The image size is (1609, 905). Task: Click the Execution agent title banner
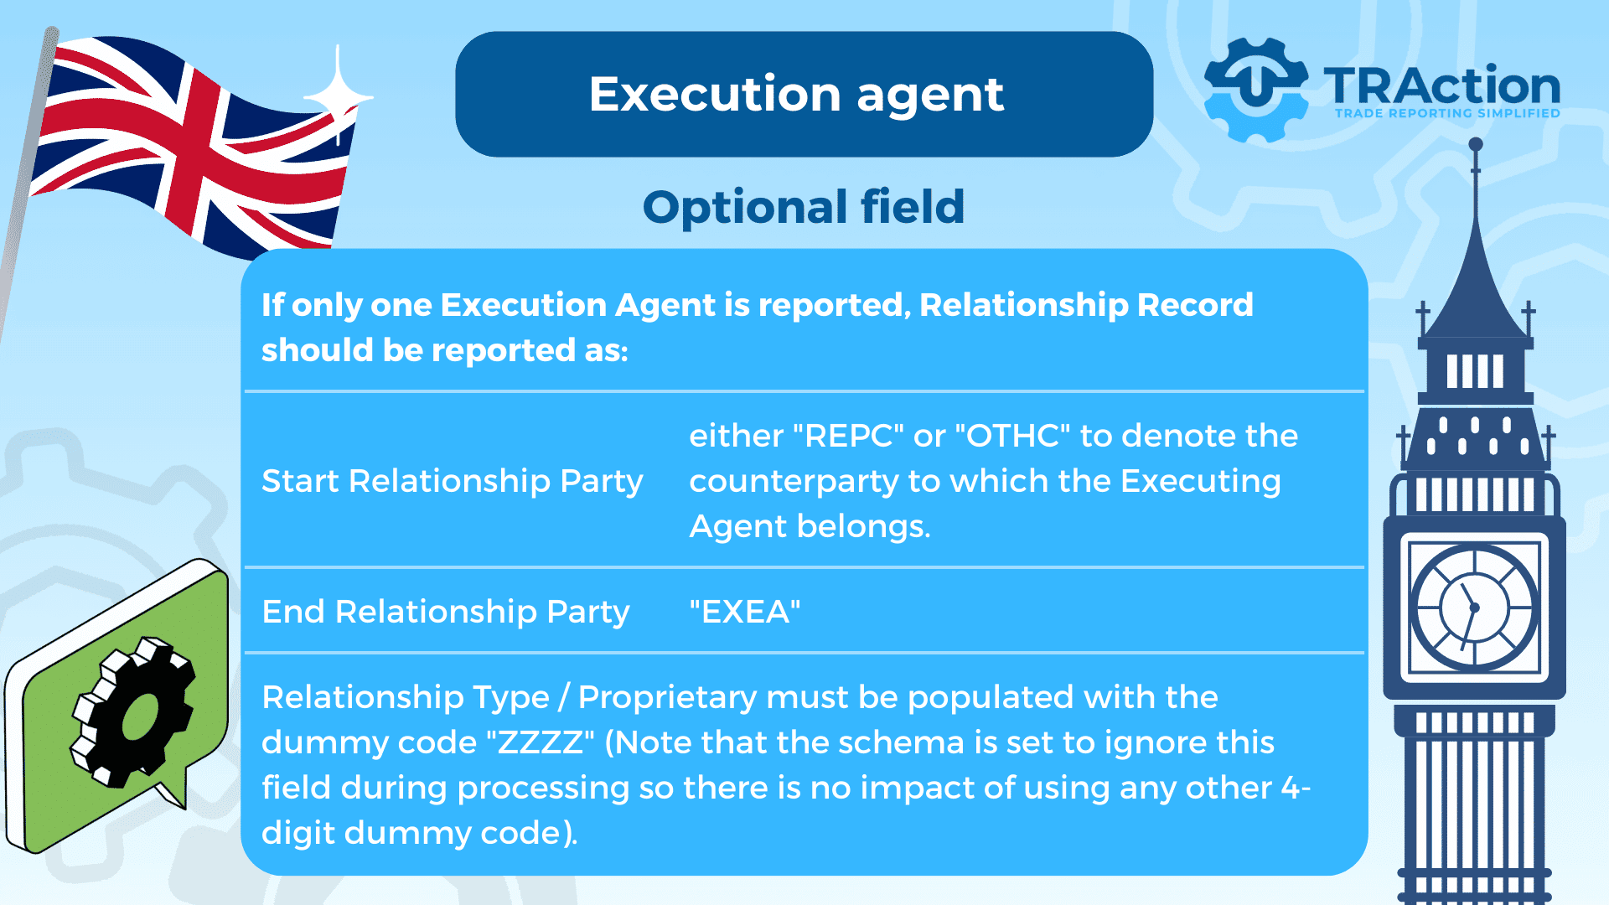click(x=804, y=94)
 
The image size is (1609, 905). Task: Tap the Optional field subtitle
click(x=804, y=206)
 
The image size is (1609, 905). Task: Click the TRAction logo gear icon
click(x=1255, y=89)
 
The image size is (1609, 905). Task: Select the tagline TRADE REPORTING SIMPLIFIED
click(x=1447, y=113)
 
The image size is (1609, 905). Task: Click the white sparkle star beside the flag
click(x=338, y=96)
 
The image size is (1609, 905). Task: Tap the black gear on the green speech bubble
click(x=134, y=712)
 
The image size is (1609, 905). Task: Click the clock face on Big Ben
click(x=1474, y=608)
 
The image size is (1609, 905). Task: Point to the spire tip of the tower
click(x=1476, y=143)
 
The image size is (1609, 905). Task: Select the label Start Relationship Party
click(x=453, y=481)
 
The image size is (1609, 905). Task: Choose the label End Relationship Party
click(x=446, y=612)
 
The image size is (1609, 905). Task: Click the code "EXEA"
click(x=745, y=612)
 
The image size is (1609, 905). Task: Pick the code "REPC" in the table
click(x=848, y=436)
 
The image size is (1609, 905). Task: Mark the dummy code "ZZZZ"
click(x=541, y=742)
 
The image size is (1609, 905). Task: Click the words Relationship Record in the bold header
click(x=1087, y=305)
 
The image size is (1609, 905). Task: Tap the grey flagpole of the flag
click(x=25, y=184)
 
